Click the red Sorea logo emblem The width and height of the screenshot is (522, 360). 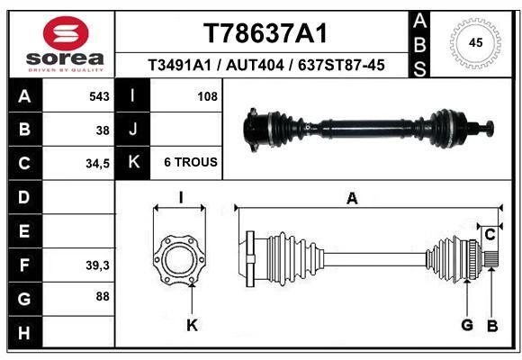coord(66,33)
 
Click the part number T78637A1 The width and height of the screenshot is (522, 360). coord(265,33)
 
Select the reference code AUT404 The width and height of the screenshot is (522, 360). coord(255,66)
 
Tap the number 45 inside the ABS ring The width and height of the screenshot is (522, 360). coord(475,43)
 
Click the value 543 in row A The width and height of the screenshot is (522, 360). coord(99,96)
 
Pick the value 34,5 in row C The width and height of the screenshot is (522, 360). coord(97,164)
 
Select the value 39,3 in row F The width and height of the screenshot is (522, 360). coord(97,265)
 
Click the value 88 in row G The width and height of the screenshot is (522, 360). coord(103,296)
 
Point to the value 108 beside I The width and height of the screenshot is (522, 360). coord(207,96)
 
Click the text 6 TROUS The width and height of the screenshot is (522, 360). coord(191,162)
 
